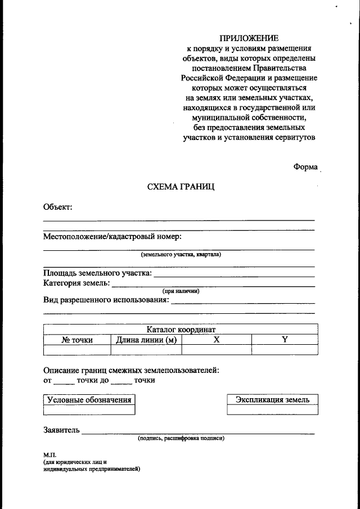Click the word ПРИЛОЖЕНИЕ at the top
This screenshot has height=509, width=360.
249,38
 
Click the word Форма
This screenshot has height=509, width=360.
305,167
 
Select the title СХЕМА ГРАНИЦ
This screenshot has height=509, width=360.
181,186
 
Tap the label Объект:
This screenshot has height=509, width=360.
58,208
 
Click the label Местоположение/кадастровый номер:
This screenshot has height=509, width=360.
112,237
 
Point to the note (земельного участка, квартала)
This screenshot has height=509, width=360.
181,254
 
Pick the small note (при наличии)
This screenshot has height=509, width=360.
181,291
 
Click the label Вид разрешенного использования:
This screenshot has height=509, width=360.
106,300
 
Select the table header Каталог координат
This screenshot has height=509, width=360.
181,330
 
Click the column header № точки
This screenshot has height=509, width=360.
77,340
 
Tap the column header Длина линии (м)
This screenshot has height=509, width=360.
146,340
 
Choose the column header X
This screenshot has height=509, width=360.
217,340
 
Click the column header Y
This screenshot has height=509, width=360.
285,340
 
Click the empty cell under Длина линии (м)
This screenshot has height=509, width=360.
146,350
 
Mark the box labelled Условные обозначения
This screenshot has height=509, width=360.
89,400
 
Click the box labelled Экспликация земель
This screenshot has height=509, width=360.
272,400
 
